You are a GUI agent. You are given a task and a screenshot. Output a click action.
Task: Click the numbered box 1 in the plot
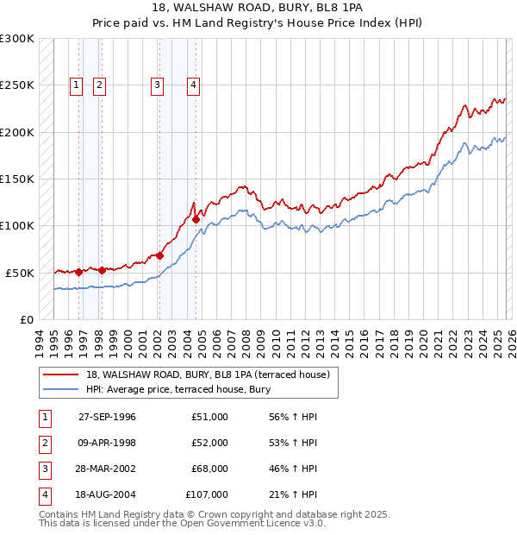[77, 85]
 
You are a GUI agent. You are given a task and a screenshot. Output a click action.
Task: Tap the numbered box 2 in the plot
[100, 85]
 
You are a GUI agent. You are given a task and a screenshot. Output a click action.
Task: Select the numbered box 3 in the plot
[158, 85]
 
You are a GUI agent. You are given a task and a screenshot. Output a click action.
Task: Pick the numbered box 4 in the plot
[194, 85]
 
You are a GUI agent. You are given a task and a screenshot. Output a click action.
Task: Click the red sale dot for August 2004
[196, 219]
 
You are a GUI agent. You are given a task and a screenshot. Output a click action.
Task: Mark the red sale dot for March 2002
[160, 255]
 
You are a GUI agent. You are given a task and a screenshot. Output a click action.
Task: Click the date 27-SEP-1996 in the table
[107, 417]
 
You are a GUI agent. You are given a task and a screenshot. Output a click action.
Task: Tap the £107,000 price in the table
[207, 494]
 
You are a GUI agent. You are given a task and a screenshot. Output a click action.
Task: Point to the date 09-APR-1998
[107, 443]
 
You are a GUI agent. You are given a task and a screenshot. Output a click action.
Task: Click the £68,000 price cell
[210, 469]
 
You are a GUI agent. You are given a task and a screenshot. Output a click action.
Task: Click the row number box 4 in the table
[44, 494]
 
